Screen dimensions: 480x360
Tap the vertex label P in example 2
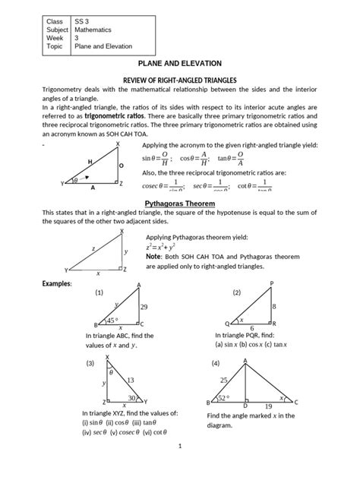271,283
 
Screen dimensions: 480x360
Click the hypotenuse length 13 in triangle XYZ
130,379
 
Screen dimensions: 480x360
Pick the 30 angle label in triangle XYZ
132,397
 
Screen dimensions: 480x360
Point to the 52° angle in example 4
224,396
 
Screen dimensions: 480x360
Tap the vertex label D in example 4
245,406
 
